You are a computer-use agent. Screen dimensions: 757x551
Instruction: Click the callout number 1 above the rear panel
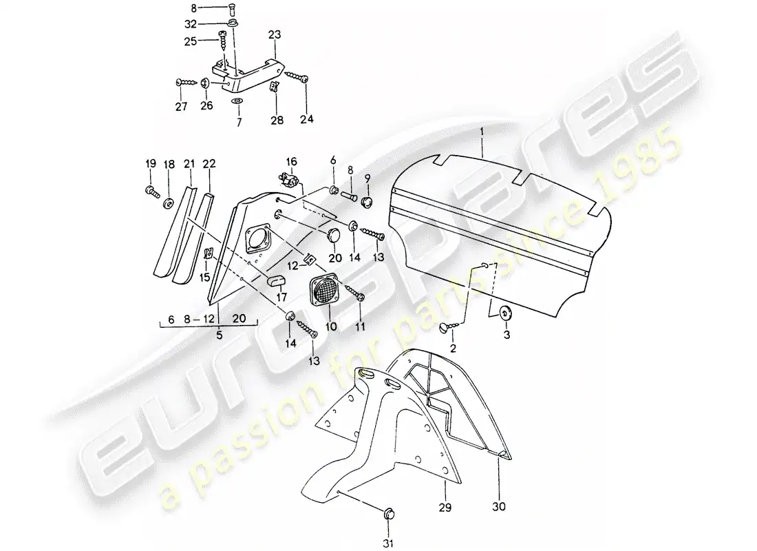coord(481,132)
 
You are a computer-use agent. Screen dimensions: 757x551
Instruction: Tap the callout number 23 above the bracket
coord(275,35)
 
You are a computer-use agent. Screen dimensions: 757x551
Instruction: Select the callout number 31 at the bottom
coord(388,543)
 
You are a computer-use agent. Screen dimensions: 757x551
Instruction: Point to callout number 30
coord(499,506)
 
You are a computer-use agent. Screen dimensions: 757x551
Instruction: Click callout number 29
coord(445,507)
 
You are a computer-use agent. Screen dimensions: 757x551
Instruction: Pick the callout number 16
coord(292,161)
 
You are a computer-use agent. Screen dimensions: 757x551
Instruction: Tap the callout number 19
coord(151,163)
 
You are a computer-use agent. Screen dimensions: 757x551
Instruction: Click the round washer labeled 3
coord(506,313)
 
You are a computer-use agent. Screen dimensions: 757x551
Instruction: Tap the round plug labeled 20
coord(332,236)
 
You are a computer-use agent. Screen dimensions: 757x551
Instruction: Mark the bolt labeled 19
coord(151,192)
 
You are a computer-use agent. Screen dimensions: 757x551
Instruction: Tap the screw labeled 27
coord(186,83)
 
